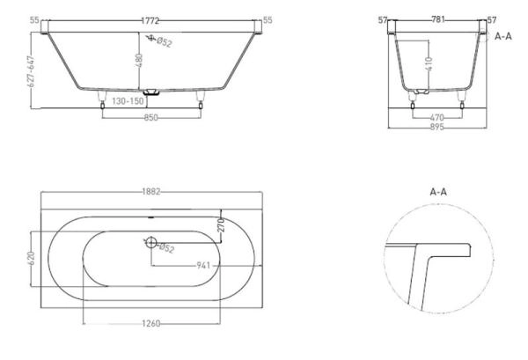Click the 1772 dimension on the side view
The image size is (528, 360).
pyautogui.click(x=150, y=21)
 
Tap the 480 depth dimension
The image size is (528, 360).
pyautogui.click(x=139, y=60)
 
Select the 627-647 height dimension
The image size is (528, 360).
pyautogui.click(x=31, y=71)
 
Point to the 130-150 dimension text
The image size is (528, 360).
pyautogui.click(x=128, y=101)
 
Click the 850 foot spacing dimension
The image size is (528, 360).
pyautogui.click(x=150, y=118)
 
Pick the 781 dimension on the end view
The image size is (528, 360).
pyautogui.click(x=437, y=19)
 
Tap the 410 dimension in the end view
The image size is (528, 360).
pyautogui.click(x=429, y=63)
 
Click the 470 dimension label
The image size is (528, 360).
pyautogui.click(x=436, y=118)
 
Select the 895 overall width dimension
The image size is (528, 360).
pyautogui.click(x=437, y=127)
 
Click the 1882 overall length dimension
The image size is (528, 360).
pyautogui.click(x=151, y=192)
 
